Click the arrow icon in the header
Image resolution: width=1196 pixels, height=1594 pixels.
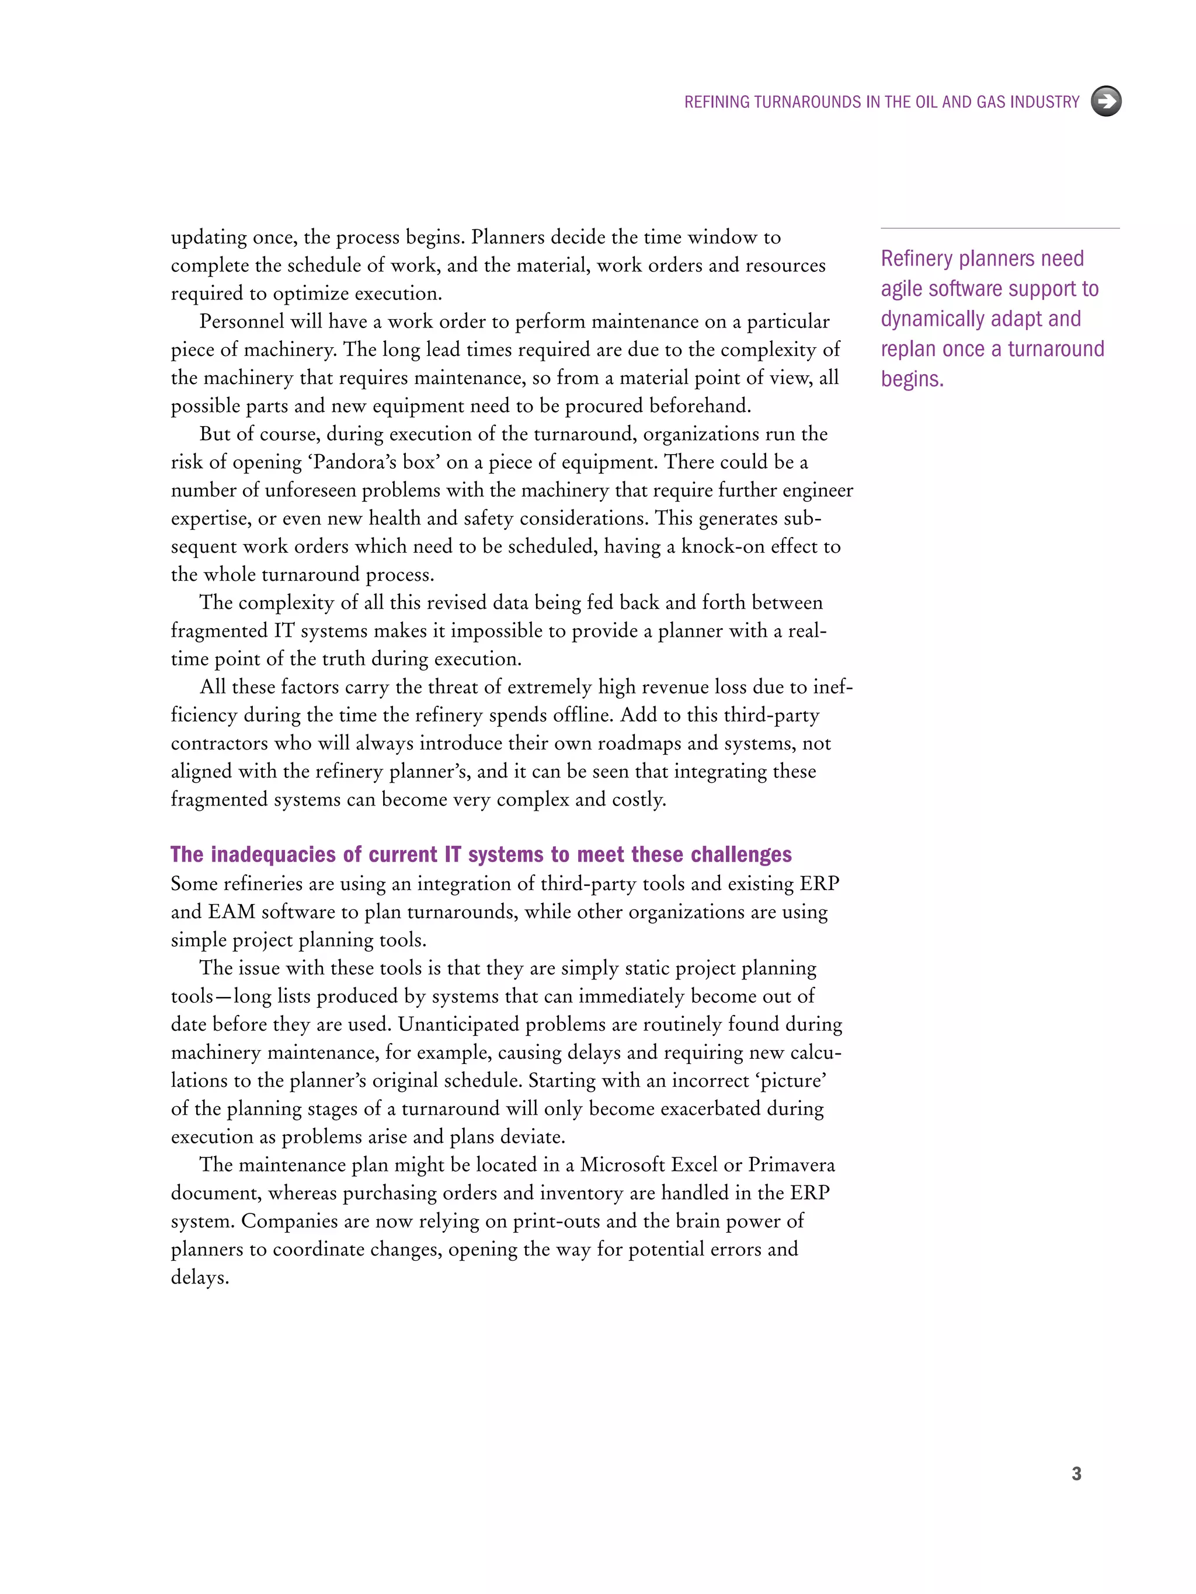pyautogui.click(x=1106, y=101)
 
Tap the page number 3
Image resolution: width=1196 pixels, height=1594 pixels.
pyautogui.click(x=1076, y=1474)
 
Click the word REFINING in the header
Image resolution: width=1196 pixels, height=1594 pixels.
pyautogui.click(x=717, y=102)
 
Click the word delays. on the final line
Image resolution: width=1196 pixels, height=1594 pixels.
pyautogui.click(x=200, y=1278)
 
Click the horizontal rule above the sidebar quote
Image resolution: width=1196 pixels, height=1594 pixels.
pyautogui.click(x=999, y=228)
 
